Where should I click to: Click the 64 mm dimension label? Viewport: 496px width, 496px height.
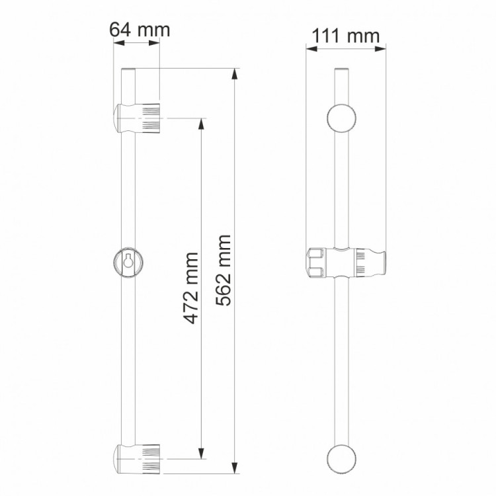pos(139,30)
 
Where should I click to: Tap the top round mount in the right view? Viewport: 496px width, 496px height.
pos(343,119)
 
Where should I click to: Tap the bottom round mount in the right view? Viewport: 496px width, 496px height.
pos(343,458)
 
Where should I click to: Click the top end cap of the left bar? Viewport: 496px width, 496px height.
pos(128,70)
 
